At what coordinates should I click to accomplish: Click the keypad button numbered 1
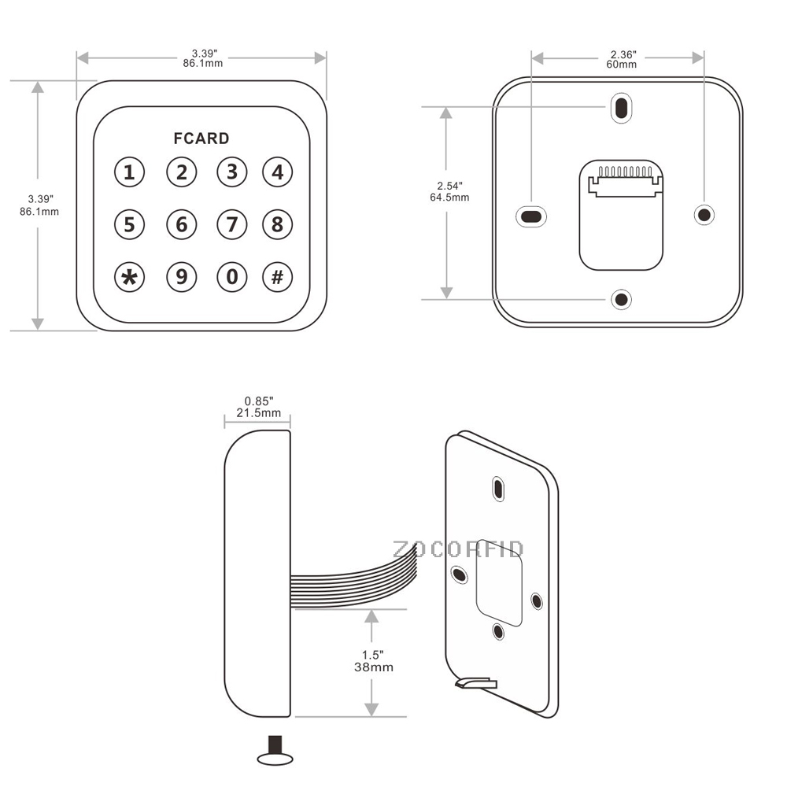(x=130, y=172)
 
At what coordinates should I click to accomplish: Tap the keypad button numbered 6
(x=182, y=225)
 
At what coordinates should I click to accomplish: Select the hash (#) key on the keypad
(x=277, y=277)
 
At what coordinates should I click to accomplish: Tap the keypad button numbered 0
(x=232, y=277)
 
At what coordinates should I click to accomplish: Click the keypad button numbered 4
(x=277, y=172)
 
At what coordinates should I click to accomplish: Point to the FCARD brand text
(x=201, y=139)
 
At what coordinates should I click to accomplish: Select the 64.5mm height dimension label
(x=449, y=197)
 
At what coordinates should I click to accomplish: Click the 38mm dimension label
(x=374, y=667)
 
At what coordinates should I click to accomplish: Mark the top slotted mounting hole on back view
(x=622, y=108)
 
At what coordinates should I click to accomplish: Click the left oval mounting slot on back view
(x=531, y=215)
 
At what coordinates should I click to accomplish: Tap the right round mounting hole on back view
(x=704, y=214)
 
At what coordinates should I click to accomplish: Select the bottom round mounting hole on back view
(x=622, y=299)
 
